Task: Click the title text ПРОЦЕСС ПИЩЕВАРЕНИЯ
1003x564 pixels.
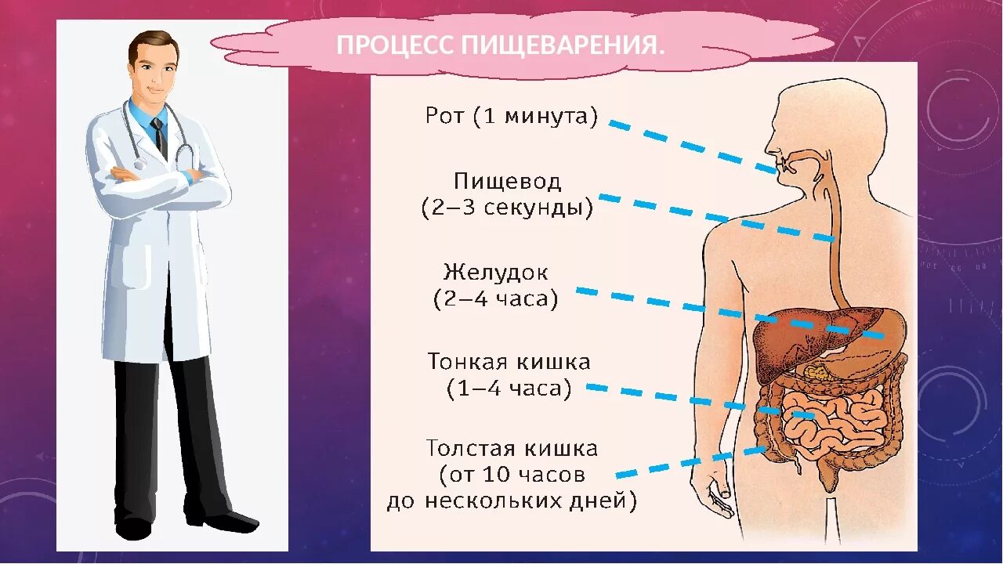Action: (x=501, y=45)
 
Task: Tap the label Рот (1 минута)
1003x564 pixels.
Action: (x=512, y=117)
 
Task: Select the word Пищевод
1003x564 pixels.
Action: (x=508, y=182)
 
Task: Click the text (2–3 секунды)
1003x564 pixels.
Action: (x=507, y=208)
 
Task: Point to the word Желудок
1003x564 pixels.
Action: (x=496, y=273)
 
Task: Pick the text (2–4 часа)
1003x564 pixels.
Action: (x=496, y=298)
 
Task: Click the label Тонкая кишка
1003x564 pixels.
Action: (x=509, y=362)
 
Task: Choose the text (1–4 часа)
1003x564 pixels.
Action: (x=509, y=389)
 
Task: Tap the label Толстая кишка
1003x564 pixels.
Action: (x=512, y=449)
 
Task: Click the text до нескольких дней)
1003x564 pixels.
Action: (x=512, y=501)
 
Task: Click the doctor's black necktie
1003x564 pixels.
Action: (x=161, y=137)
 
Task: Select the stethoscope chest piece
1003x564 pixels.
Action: (x=139, y=164)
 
